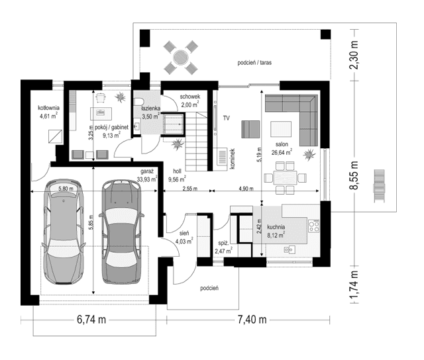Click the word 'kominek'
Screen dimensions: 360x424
point(233,159)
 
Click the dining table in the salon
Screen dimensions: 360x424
point(286,177)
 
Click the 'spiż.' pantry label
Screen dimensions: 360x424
point(224,244)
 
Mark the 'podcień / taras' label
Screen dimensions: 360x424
point(255,63)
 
